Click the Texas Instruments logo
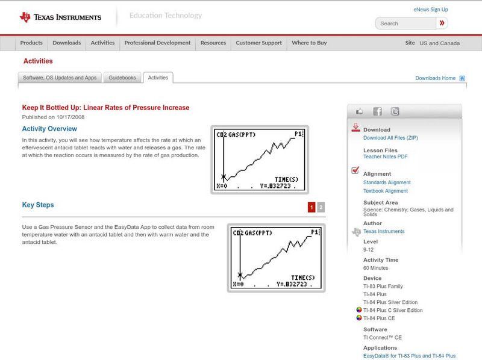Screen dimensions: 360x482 pyautogui.click(x=60, y=17)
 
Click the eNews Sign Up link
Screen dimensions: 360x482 pyautogui.click(x=430, y=10)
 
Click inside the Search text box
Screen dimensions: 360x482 pyautogui.click(x=405, y=23)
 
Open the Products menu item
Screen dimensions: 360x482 pyautogui.click(x=31, y=43)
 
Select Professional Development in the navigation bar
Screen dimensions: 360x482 pyautogui.click(x=157, y=43)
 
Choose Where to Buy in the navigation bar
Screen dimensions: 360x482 pyautogui.click(x=309, y=43)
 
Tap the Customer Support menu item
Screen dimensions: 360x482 pyautogui.click(x=258, y=43)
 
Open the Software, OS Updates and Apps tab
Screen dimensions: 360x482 pyautogui.click(x=60, y=78)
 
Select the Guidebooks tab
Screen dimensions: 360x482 pyautogui.click(x=124, y=78)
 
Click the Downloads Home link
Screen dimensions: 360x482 pyautogui.click(x=435, y=78)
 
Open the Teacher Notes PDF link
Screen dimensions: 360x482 pyautogui.click(x=385, y=157)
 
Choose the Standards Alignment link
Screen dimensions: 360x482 pyautogui.click(x=387, y=182)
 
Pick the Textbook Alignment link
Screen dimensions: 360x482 pyautogui.click(x=385, y=191)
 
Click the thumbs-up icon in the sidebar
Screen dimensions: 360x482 pyautogui.click(x=360, y=111)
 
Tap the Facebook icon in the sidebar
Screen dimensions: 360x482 pyautogui.click(x=377, y=111)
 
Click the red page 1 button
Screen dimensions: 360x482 pyautogui.click(x=311, y=207)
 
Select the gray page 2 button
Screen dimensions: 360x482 pyautogui.click(x=321, y=207)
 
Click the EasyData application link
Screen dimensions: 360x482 pyautogui.click(x=409, y=356)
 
